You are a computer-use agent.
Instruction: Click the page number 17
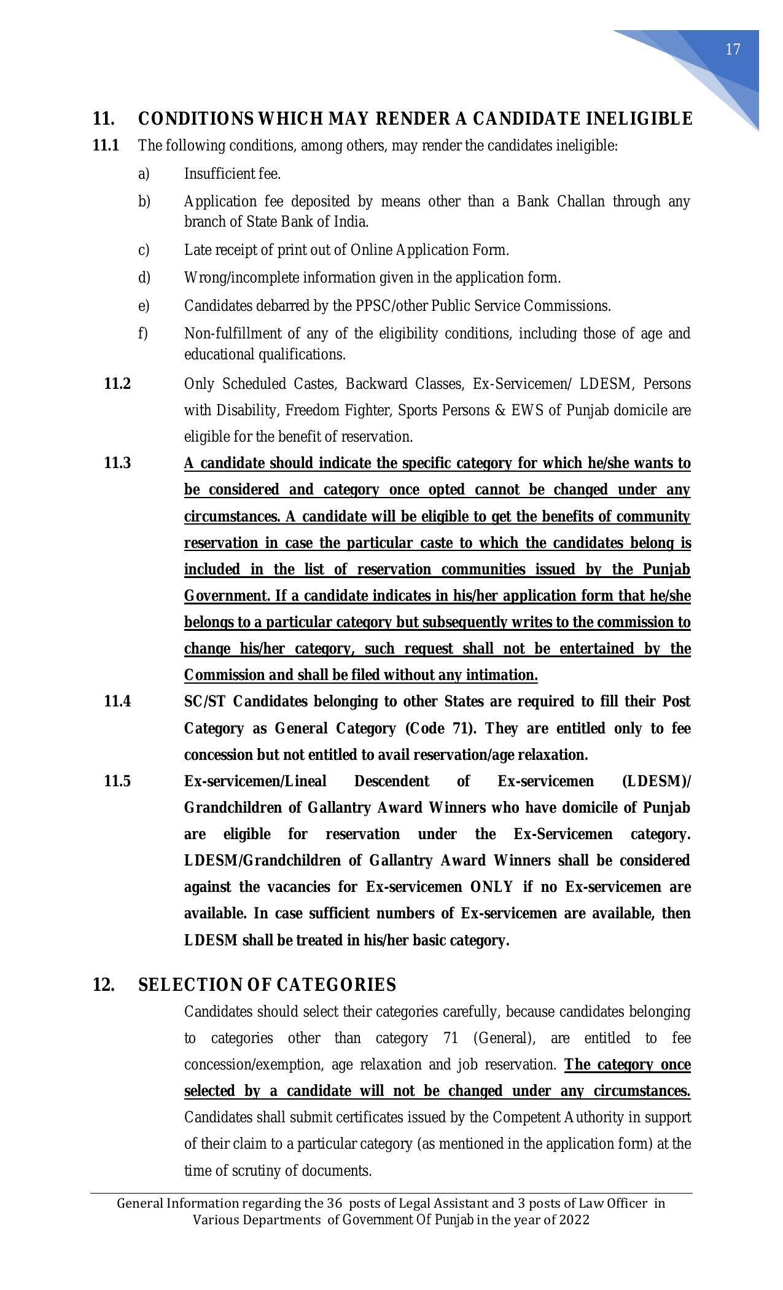733,50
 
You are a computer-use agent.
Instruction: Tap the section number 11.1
106,146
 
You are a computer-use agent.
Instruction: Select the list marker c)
144,250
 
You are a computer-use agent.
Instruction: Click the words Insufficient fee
232,174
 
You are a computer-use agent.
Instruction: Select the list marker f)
143,334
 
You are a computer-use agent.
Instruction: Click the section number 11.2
117,384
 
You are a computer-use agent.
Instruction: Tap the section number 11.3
117,463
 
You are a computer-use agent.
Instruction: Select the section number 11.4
117,701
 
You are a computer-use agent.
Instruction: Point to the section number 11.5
117,781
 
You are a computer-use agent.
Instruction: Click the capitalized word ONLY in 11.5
492,886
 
